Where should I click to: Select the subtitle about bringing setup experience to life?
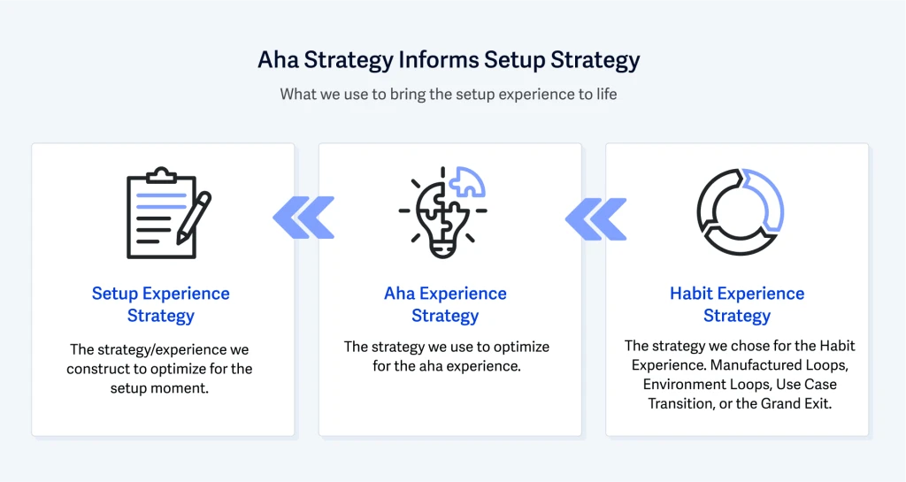(449, 94)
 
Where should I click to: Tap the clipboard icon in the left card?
(161, 213)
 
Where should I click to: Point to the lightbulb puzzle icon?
(442, 212)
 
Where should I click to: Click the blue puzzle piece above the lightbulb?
(467, 182)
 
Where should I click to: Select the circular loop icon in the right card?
(741, 212)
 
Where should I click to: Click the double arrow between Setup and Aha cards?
(304, 218)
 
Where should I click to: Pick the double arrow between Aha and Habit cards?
(596, 218)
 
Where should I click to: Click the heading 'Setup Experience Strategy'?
(161, 304)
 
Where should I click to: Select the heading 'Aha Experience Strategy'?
(446, 304)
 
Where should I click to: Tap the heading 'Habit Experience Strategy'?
(737, 304)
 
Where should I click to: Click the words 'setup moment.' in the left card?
(159, 388)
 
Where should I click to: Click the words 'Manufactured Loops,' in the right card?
(779, 365)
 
